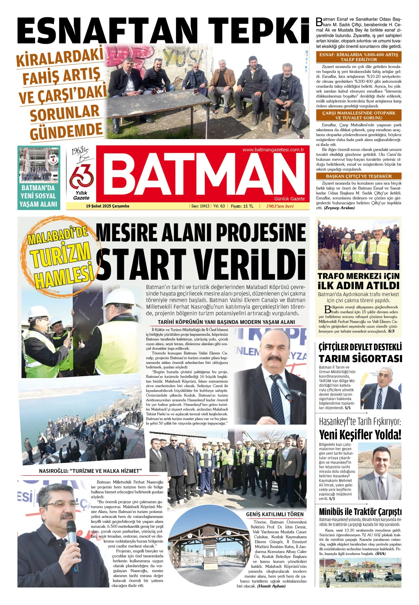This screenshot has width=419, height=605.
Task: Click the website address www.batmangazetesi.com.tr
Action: point(273,150)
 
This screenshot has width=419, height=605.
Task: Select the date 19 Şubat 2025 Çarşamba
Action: point(107,206)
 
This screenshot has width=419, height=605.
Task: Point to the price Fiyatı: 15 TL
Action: point(242,206)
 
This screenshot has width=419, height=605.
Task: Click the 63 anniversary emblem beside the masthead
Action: point(81,177)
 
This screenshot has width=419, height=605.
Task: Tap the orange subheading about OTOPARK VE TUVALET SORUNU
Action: point(358,115)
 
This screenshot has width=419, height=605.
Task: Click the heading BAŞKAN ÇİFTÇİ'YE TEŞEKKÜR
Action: point(358,176)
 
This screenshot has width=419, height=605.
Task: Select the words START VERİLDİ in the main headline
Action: point(201,264)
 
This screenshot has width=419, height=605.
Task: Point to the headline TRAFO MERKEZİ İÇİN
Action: point(358,276)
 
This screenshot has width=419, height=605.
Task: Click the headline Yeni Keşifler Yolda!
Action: point(360,435)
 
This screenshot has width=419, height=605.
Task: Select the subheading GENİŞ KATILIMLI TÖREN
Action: point(275,514)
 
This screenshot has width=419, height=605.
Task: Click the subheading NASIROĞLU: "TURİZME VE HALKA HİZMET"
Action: point(90,471)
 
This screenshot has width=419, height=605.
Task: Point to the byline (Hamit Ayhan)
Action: point(271,586)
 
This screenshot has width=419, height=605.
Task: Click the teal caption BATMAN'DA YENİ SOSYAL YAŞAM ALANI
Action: point(39,196)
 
